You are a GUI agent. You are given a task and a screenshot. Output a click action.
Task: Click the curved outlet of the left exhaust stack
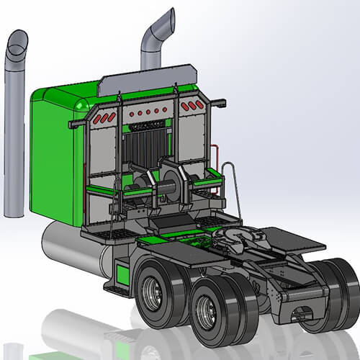17,43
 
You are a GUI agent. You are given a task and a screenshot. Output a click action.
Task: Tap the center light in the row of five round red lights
148,113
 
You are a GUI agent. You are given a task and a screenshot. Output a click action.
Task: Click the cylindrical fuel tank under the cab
68,245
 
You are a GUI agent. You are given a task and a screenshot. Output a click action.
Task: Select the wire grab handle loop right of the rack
228,184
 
